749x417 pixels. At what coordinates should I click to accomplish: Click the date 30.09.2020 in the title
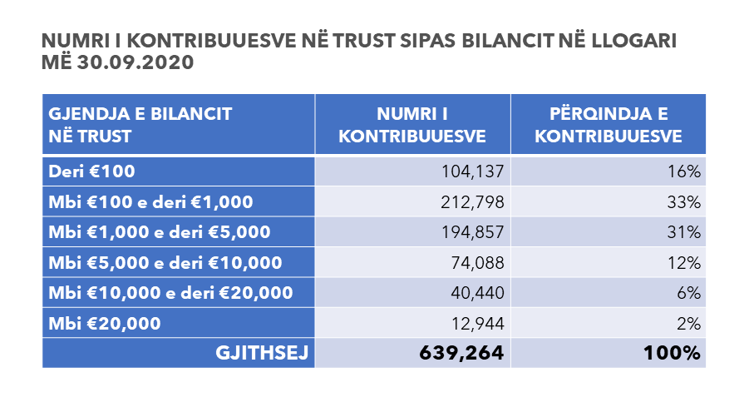coord(136,62)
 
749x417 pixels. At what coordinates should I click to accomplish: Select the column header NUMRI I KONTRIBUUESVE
coord(412,125)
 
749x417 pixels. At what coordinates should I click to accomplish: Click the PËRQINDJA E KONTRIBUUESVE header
coord(608,125)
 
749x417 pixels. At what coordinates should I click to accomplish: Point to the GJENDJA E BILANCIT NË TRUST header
coord(140,125)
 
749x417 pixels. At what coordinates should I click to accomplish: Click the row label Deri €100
coord(91,171)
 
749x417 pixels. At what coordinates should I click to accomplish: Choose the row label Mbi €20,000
coord(105,323)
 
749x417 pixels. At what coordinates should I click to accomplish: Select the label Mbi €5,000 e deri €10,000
coord(165,262)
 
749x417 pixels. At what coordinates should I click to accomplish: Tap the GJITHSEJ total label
coord(262,353)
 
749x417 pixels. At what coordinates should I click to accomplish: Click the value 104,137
coord(472,171)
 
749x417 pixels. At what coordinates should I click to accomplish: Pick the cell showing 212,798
coord(472,201)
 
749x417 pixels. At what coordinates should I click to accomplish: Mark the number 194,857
coord(472,232)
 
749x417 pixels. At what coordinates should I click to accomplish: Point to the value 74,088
coord(478,262)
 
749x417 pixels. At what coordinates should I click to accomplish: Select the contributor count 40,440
coord(478,293)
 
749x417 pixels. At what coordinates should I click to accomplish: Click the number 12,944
coord(478,323)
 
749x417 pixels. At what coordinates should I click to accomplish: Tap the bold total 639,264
coord(461,353)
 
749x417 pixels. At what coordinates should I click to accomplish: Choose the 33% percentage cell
coord(684,201)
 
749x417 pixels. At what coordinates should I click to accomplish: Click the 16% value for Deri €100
coord(684,171)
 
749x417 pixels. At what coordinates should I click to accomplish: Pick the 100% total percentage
coord(672,353)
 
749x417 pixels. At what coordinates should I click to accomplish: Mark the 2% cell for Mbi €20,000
coord(689,323)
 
